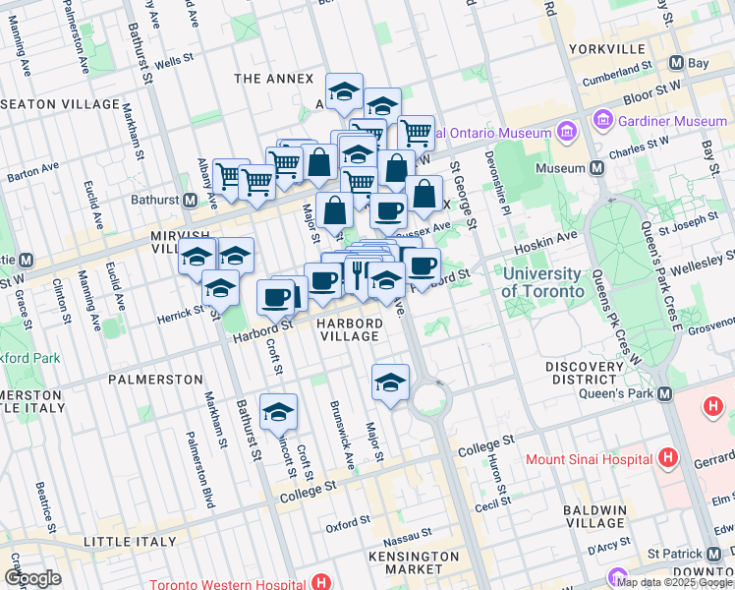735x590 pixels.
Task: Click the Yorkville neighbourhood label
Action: (x=607, y=48)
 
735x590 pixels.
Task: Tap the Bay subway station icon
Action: (x=676, y=62)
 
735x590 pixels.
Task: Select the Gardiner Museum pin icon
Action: (x=603, y=121)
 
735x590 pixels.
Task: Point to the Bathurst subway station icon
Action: (x=194, y=200)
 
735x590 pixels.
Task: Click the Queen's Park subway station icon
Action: (x=664, y=394)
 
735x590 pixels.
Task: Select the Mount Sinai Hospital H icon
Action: (x=668, y=458)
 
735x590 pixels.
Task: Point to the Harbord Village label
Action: (x=348, y=329)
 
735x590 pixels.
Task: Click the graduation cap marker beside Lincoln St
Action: (x=278, y=412)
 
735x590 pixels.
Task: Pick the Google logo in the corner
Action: (x=32, y=578)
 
